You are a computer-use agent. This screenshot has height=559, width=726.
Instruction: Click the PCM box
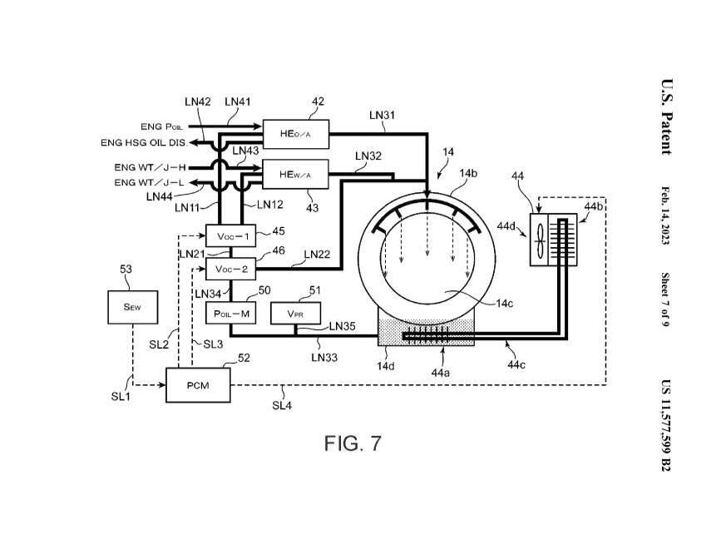[198, 385]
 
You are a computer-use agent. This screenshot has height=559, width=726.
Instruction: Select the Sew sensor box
[132, 307]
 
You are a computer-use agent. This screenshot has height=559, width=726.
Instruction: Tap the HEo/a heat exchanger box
[296, 134]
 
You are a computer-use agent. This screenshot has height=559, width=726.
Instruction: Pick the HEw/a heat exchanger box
[295, 174]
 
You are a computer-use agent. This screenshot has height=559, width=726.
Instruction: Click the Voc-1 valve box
[230, 236]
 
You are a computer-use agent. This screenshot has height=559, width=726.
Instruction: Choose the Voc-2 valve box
[230, 269]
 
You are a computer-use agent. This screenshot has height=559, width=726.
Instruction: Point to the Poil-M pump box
[230, 313]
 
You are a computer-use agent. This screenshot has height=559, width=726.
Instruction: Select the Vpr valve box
[295, 313]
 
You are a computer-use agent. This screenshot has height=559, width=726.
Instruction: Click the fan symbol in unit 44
[540, 240]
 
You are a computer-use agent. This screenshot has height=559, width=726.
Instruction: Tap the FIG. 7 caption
[353, 443]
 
